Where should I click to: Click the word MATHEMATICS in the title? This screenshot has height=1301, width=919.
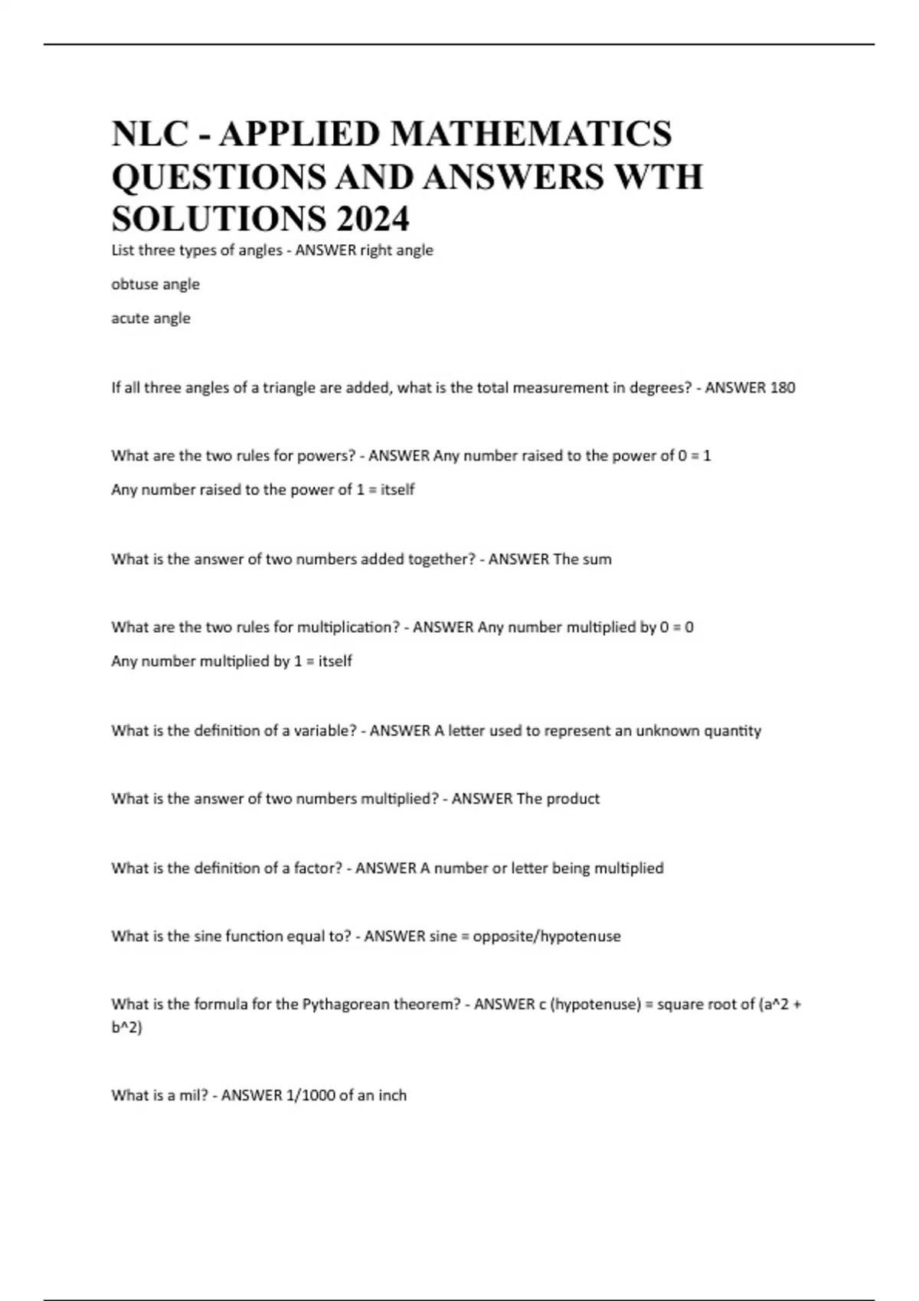click(x=531, y=134)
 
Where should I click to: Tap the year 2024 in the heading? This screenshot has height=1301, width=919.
click(x=371, y=219)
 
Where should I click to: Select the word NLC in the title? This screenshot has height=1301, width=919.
click(x=149, y=134)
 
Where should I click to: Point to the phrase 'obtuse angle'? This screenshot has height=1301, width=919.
click(x=155, y=284)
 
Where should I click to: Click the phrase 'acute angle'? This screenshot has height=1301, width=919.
click(x=151, y=318)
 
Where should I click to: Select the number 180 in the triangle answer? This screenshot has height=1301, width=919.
click(x=782, y=387)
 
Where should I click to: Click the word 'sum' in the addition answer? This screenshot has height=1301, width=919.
click(x=597, y=559)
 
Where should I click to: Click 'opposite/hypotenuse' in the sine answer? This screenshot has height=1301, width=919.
click(x=547, y=936)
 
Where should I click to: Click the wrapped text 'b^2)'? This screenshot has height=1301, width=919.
click(x=126, y=1027)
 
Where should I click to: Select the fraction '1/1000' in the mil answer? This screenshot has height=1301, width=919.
click(x=310, y=1095)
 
